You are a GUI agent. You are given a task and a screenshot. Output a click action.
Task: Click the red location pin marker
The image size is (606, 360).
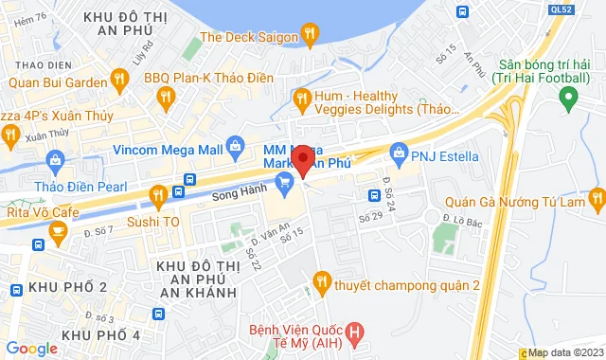[x=302, y=159]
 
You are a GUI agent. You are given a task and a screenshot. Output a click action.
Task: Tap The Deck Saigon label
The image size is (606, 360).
[x=249, y=37]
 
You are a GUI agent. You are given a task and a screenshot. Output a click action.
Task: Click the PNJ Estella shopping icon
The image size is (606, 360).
[x=399, y=151]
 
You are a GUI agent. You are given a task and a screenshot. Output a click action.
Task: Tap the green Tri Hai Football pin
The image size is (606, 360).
[x=568, y=96]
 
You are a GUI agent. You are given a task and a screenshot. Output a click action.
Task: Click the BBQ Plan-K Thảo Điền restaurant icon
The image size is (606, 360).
[x=168, y=96]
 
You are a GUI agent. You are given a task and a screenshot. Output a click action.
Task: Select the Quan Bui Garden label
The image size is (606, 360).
[x=58, y=81]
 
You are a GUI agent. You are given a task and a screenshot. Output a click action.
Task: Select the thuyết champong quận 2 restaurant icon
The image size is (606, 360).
[x=322, y=280]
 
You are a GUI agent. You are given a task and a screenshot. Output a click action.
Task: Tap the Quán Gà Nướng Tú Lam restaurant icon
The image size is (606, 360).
[x=596, y=198]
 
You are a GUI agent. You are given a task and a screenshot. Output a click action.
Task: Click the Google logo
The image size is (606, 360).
[x=31, y=349]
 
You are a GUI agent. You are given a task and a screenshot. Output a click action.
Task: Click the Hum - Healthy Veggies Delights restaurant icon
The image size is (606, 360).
[x=303, y=97]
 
